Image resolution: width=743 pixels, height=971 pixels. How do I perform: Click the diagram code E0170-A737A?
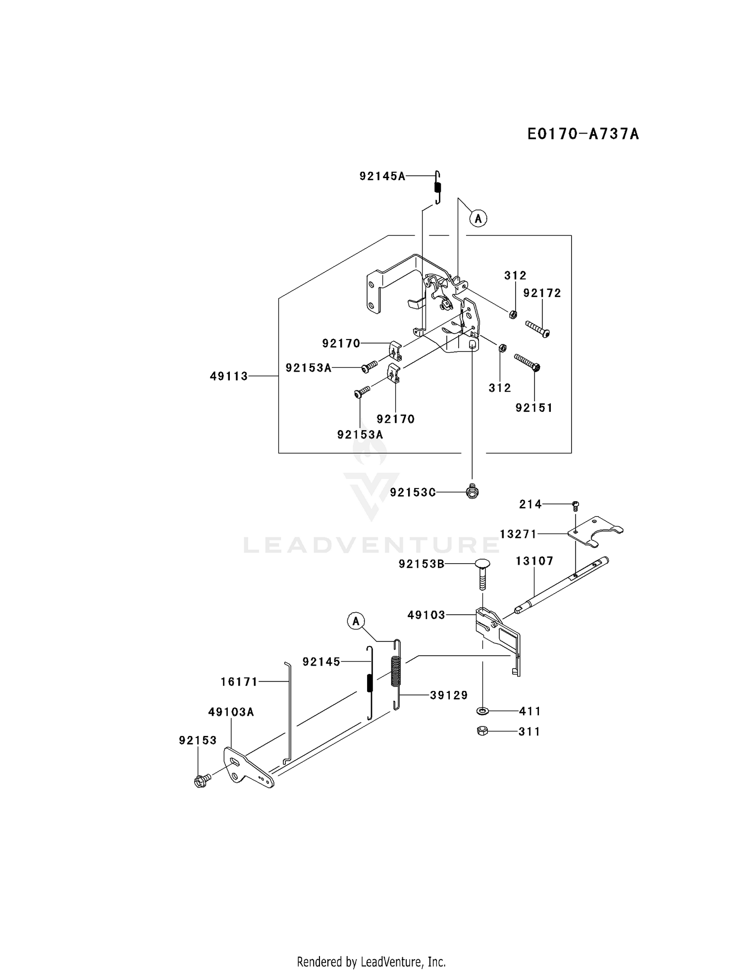(x=583, y=134)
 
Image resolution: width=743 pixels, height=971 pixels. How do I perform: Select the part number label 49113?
(x=229, y=376)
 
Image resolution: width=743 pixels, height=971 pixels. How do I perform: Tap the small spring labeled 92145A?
(x=437, y=187)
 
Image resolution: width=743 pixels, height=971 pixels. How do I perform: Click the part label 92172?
(x=542, y=293)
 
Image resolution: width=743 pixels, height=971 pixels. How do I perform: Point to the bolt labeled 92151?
(x=527, y=362)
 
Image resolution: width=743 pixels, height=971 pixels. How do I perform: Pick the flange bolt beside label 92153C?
(x=473, y=491)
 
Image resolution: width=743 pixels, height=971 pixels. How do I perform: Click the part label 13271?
(x=518, y=534)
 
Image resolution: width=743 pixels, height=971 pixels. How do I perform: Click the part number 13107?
(x=534, y=561)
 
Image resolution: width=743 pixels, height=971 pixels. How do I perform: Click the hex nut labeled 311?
(x=482, y=730)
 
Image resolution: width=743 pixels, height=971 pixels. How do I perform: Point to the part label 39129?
(x=449, y=695)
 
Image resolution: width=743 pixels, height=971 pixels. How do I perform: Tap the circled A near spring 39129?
(x=356, y=621)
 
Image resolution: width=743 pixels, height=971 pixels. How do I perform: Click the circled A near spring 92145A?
(x=478, y=218)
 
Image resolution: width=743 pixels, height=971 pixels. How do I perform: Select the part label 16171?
(x=239, y=682)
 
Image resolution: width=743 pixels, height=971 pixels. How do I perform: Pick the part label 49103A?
(x=231, y=712)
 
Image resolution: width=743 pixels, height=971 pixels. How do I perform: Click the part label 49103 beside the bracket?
(x=426, y=615)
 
